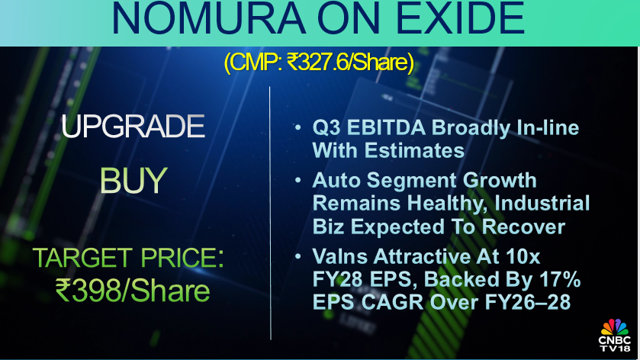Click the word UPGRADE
pos(133,127)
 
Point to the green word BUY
pos(133,181)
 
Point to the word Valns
pos(341,257)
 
